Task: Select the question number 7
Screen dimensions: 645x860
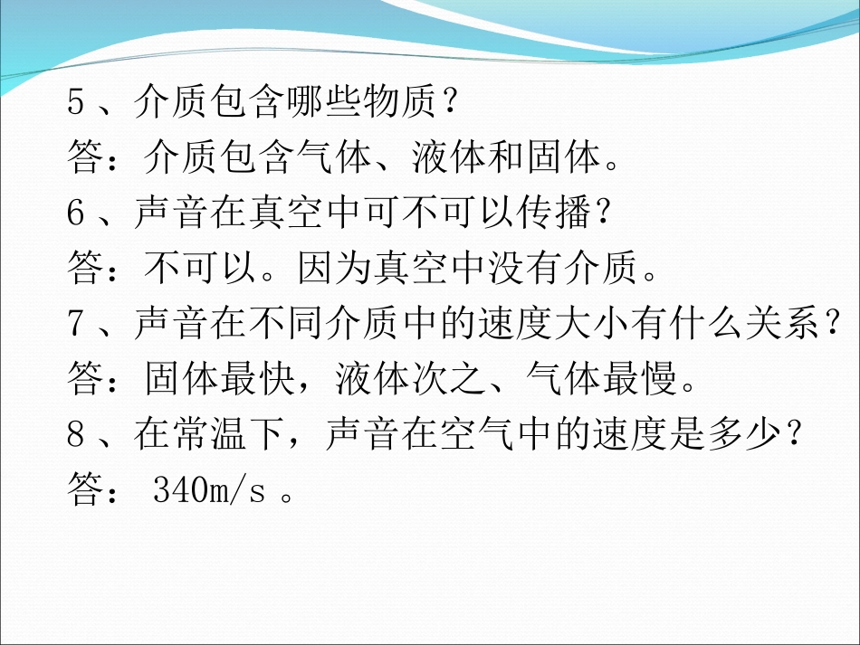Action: coord(77,323)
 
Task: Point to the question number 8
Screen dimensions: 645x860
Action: coord(77,433)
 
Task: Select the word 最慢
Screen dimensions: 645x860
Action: coord(644,379)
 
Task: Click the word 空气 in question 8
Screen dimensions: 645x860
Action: coord(491,433)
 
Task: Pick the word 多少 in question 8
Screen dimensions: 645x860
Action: coord(751,433)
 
